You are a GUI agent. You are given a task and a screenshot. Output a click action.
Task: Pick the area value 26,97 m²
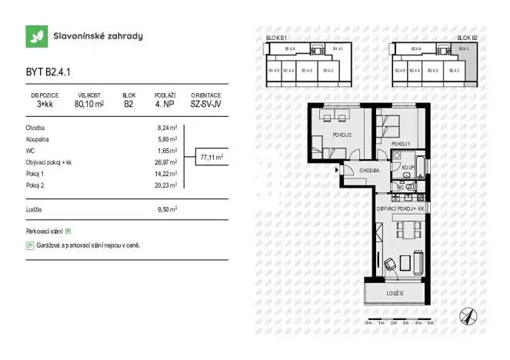pos(168,162)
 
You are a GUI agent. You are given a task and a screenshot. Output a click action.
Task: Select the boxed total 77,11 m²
pos(212,157)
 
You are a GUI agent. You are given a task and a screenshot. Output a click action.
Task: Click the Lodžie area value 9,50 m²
pos(168,208)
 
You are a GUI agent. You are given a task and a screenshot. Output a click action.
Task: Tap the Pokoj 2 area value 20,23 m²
pos(168,185)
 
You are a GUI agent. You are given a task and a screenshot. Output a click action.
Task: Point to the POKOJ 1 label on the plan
pos(400,144)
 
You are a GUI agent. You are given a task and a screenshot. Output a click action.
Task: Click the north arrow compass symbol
pos(467,315)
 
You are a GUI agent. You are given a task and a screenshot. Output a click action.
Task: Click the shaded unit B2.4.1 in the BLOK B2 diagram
pos(464,51)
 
